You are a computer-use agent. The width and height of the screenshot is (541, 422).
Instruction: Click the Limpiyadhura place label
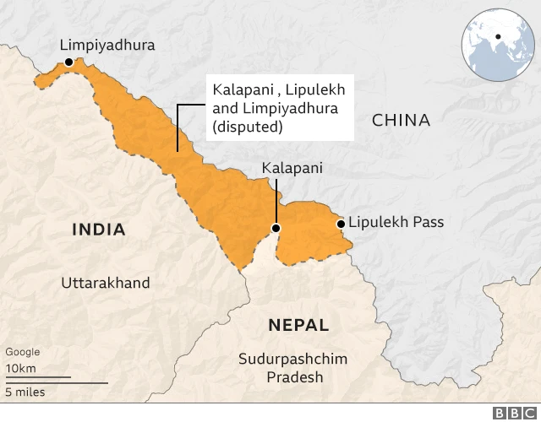pos(107,45)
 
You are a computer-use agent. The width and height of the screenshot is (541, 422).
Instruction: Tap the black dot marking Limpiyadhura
pos(69,62)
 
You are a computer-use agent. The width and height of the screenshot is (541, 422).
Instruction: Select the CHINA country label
pos(401,120)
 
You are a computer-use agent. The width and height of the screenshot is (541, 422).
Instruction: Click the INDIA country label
pos(99,229)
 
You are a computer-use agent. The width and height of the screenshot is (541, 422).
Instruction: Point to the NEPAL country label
pos(298,325)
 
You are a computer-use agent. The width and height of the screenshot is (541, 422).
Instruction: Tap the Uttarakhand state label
pos(105,283)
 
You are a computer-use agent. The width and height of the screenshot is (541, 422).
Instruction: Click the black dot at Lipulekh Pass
pos(341,224)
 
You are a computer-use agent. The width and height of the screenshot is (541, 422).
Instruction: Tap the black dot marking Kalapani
pos(275,228)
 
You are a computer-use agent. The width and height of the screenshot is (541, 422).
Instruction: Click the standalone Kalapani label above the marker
pos(292,169)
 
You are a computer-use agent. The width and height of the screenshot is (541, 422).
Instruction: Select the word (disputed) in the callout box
pos(248,127)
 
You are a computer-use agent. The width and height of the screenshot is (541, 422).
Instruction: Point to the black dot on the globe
pos(499,36)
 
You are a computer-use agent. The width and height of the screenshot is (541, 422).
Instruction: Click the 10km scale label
pos(20,369)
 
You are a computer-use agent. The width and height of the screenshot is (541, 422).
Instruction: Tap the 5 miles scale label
pos(25,392)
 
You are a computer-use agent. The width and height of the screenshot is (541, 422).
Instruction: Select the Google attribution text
pos(22,352)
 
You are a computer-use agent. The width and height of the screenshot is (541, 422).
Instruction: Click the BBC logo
pos(510,413)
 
